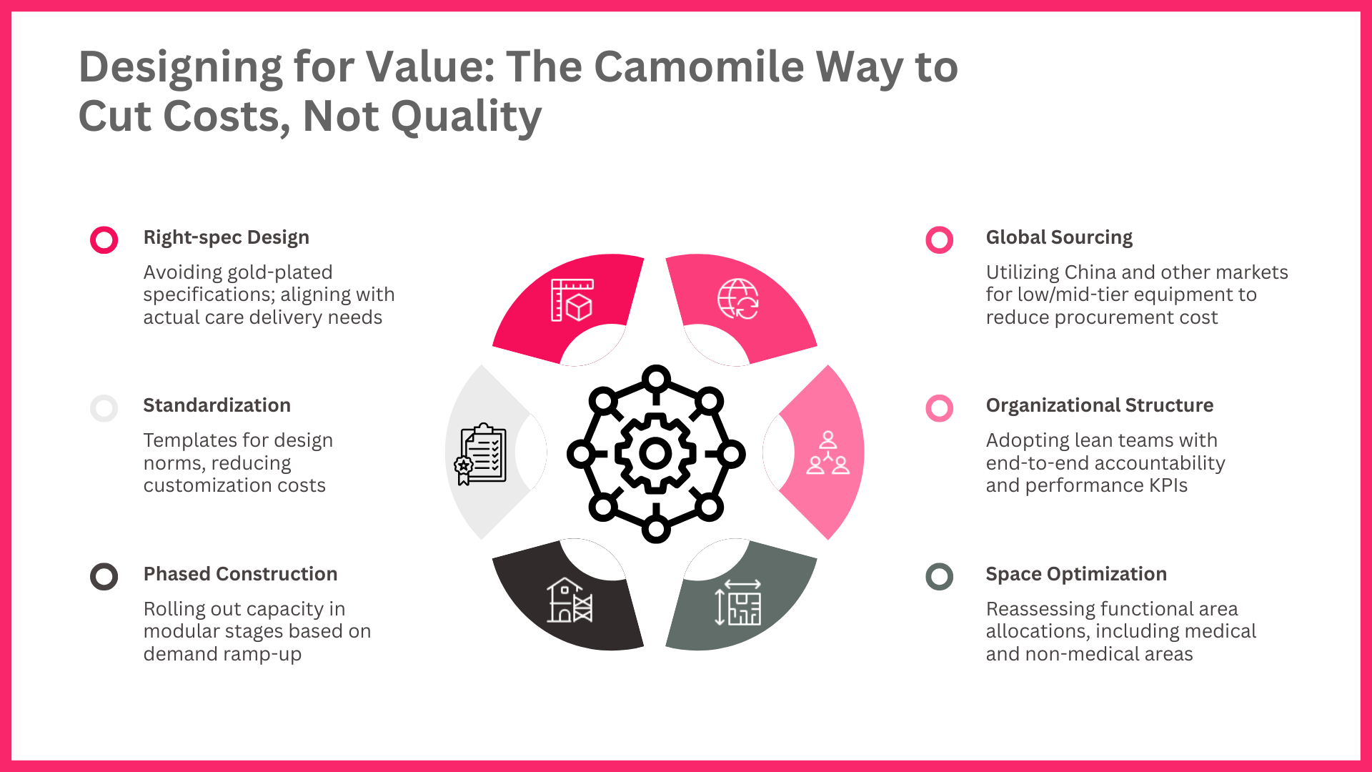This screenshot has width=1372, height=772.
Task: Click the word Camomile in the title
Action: tap(699, 66)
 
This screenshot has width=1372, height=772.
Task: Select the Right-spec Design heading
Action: tap(227, 237)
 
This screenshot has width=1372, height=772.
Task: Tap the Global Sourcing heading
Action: tap(1059, 237)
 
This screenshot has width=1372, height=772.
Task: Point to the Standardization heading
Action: tap(217, 405)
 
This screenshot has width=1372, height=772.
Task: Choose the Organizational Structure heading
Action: tap(1100, 405)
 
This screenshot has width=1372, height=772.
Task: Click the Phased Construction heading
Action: tap(240, 574)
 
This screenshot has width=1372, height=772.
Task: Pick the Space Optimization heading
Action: tap(1076, 574)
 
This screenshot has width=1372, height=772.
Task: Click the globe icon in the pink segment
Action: tap(738, 299)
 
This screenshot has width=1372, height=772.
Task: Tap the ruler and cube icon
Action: tap(572, 300)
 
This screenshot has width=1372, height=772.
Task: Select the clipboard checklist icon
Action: tap(480, 454)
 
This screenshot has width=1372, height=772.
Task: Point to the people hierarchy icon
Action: tap(828, 452)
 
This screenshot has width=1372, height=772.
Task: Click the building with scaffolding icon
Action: tap(570, 600)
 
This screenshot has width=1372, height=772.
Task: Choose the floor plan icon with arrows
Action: tap(738, 603)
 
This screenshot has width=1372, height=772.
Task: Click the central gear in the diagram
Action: tap(655, 453)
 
